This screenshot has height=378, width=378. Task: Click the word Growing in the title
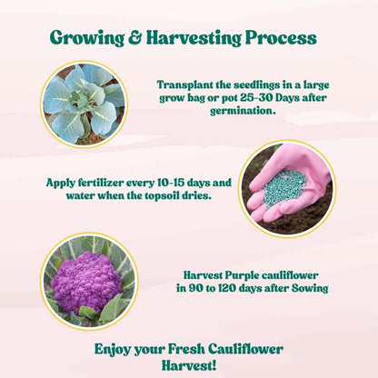[x=87, y=38]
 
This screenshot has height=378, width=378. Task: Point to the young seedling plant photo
[x=84, y=103]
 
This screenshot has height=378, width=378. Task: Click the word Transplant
[x=189, y=83]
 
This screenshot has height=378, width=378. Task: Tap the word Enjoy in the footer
[x=114, y=348]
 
